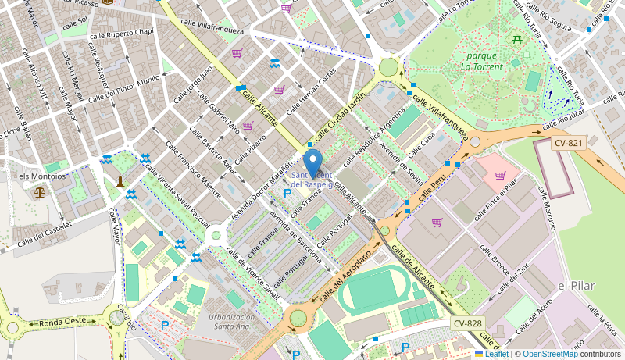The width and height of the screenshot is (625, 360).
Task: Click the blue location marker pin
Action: coord(313,165)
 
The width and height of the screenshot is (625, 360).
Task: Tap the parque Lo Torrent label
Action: coord(486,61)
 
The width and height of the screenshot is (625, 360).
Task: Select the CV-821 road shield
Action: coord(568,143)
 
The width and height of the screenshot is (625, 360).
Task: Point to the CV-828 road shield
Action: coord(467,323)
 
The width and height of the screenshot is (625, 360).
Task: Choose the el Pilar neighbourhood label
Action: coord(577,286)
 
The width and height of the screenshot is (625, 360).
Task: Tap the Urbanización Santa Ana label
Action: coord(234,323)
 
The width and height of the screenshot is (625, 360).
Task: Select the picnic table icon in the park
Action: coord(517,38)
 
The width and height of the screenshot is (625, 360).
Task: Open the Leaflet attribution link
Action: coord(491,354)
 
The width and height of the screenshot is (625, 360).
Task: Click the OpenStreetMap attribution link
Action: coord(550,354)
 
